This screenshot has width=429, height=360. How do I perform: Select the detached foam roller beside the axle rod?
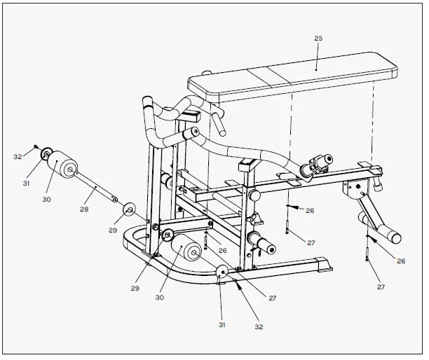tap(62, 163)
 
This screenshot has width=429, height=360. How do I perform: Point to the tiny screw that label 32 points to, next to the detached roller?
tap(36, 146)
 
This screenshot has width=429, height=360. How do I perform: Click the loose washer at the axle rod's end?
tap(130, 209)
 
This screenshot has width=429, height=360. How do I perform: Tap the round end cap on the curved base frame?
tap(222, 274)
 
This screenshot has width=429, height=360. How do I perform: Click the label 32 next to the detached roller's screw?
tap(18, 157)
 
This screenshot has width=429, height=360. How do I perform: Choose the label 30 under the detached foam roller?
tap(46, 200)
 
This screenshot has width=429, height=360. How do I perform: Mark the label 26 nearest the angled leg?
tap(401, 261)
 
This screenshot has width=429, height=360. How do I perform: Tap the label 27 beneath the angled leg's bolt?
tap(382, 286)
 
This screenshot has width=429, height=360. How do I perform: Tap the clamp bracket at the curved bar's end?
tap(313, 166)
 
